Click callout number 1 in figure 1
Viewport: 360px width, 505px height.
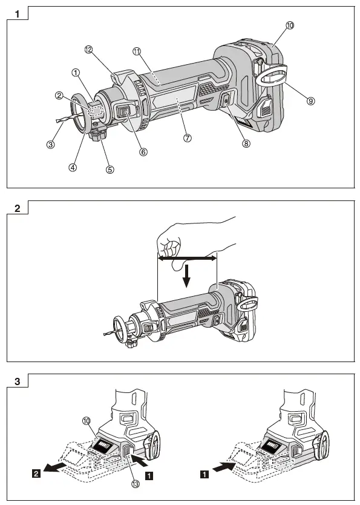(76, 73)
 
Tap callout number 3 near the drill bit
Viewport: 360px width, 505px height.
(50, 145)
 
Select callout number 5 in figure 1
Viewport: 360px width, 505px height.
(110, 170)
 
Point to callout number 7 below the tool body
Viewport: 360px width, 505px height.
(187, 138)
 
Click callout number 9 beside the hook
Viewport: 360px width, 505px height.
(310, 101)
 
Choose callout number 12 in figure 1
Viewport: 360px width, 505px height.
(88, 50)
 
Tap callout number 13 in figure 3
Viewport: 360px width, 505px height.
(136, 484)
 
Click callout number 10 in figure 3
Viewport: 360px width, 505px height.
(87, 421)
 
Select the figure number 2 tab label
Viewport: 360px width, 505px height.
(18, 208)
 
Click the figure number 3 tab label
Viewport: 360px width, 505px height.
(18, 381)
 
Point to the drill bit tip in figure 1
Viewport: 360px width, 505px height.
(57, 120)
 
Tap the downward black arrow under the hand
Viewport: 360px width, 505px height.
(186, 276)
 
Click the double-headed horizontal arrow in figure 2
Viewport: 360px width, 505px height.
(187, 259)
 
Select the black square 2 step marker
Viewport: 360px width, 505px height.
(36, 474)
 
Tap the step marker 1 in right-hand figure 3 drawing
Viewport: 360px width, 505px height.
(205, 474)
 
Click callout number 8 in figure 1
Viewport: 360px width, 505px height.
(246, 144)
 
